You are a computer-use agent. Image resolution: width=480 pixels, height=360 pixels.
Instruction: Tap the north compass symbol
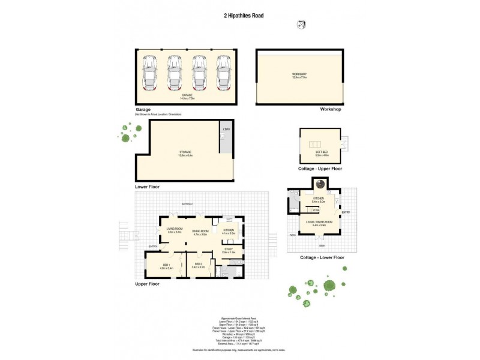(x=301, y=24)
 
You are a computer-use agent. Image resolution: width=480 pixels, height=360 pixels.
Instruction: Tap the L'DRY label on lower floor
(x=226, y=130)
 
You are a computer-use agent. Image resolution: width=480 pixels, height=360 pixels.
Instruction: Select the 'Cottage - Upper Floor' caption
(x=320, y=169)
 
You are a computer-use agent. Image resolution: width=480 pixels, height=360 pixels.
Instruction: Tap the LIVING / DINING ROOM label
(x=319, y=224)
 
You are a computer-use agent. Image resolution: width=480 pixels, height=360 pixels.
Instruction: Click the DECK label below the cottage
(x=322, y=245)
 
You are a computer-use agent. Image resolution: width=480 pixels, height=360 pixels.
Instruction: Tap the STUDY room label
(x=228, y=251)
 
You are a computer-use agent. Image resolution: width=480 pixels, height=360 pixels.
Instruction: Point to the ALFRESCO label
(x=187, y=205)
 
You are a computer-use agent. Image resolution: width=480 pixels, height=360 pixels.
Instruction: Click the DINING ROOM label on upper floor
(x=200, y=233)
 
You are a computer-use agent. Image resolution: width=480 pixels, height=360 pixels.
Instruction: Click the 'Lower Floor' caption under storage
(x=148, y=187)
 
